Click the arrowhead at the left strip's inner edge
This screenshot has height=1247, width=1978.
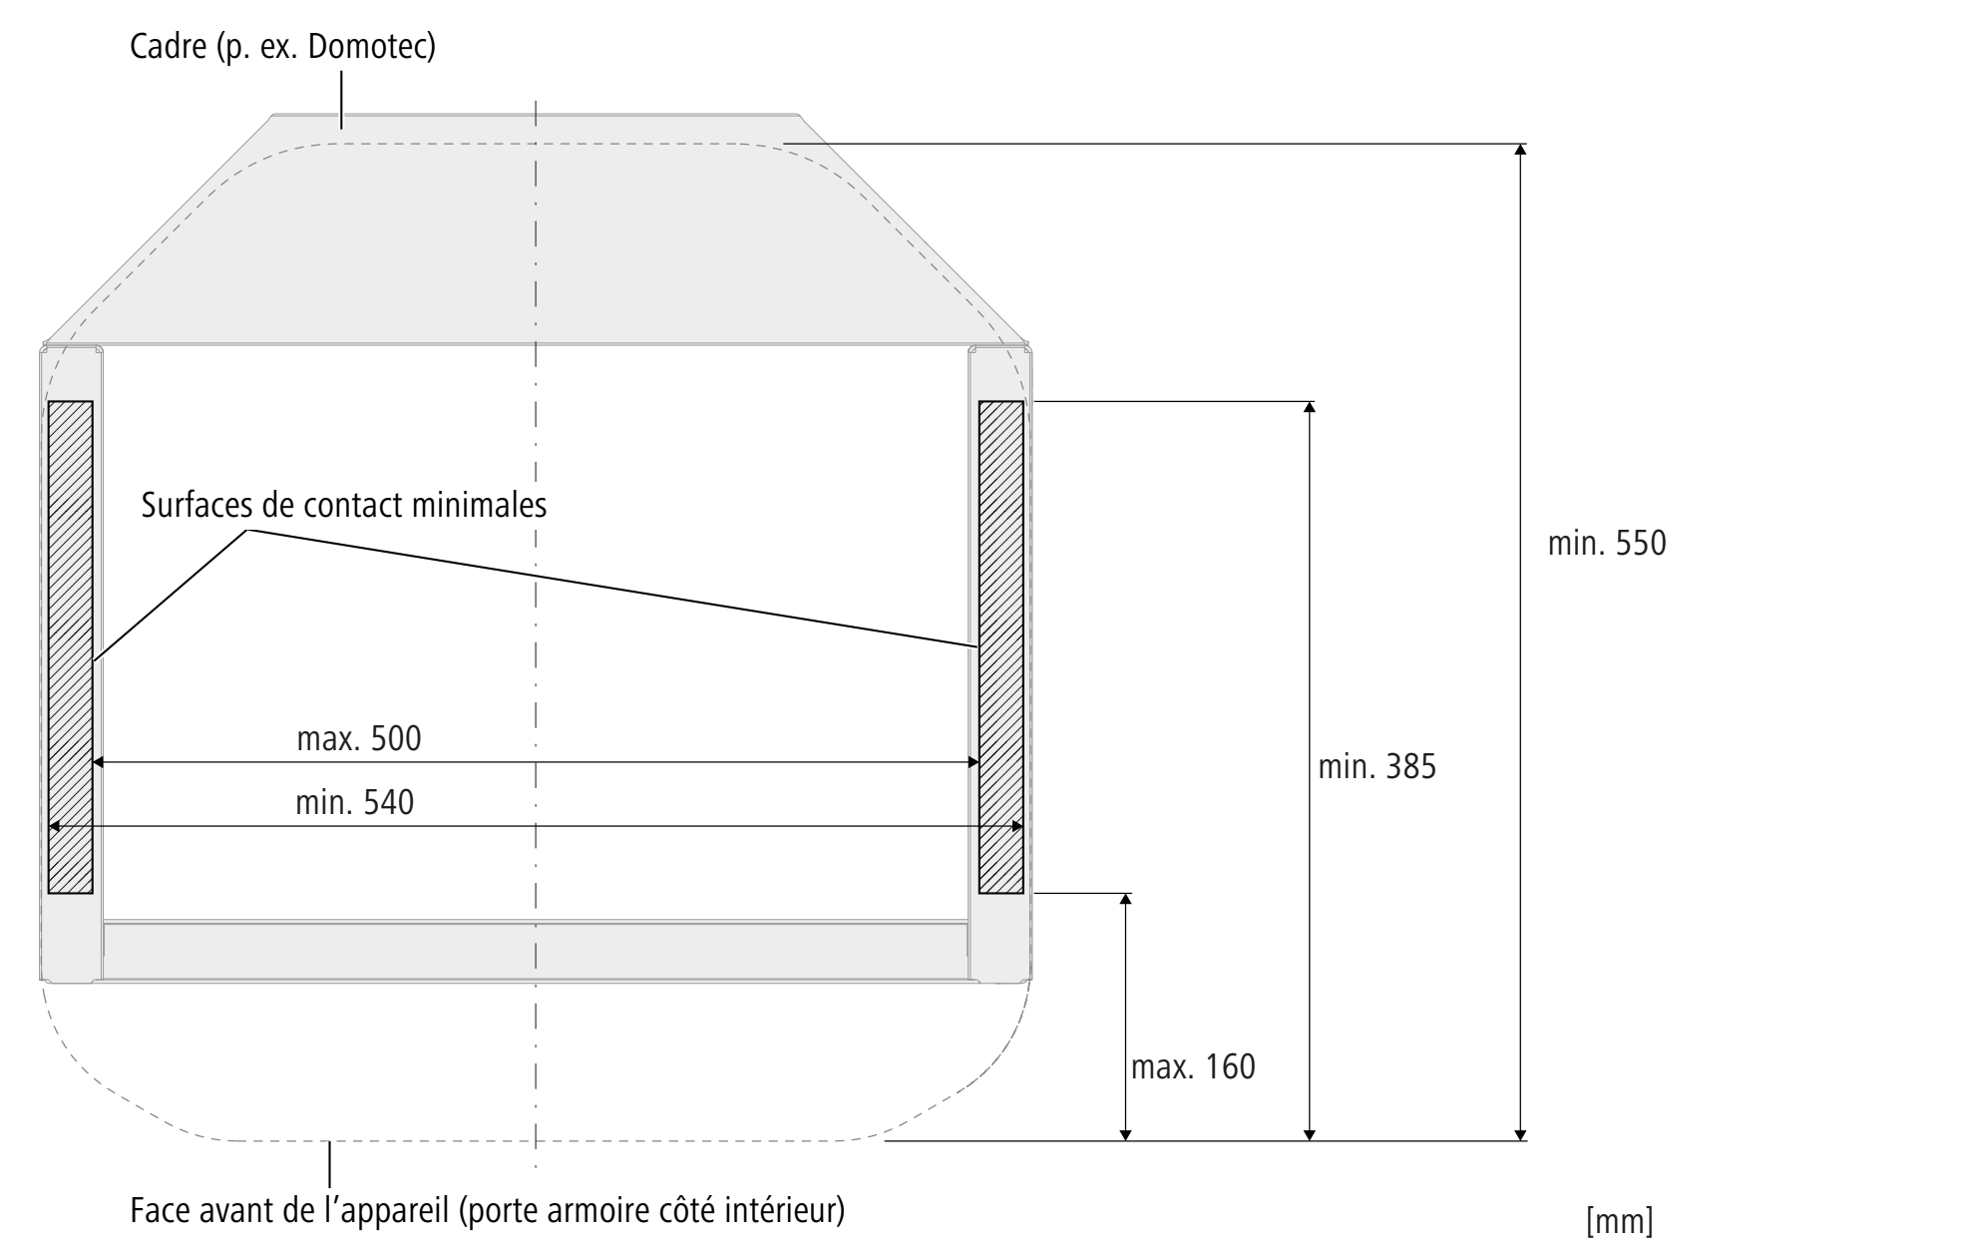tap(98, 763)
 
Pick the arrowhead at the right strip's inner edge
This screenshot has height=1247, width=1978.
tap(974, 763)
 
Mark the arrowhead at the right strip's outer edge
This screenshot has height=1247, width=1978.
tap(1017, 827)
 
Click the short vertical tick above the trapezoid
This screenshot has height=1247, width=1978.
tap(342, 99)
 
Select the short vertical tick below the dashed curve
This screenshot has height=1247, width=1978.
tap(329, 1165)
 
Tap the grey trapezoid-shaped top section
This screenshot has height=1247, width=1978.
tap(536, 239)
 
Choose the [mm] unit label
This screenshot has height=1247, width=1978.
tap(1619, 1222)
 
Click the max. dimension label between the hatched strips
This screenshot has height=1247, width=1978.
tap(359, 739)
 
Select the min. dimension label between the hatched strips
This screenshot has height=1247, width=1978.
tap(355, 803)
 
